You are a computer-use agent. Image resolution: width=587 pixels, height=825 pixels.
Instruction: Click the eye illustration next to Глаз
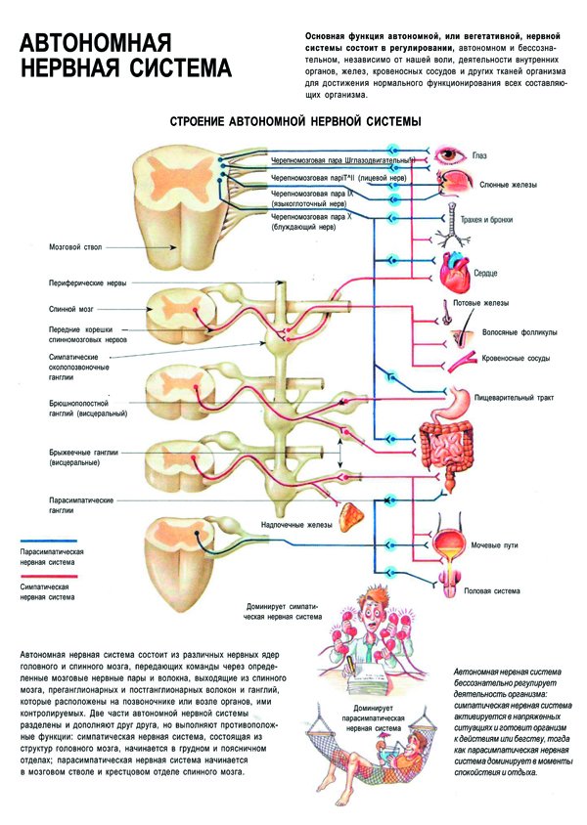pos(451,154)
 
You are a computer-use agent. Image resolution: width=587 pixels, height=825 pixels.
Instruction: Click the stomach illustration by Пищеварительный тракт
pos(459,398)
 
